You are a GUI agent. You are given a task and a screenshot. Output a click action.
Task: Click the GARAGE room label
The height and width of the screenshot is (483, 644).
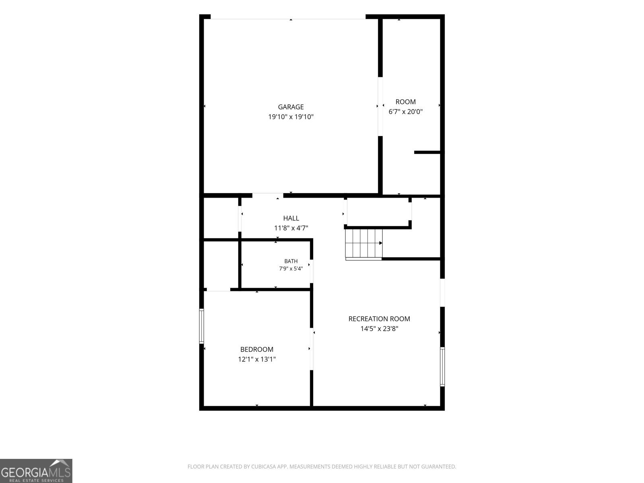click(x=291, y=107)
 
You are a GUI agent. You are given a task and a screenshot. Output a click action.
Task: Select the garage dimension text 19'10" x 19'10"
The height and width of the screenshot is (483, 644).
click(x=291, y=117)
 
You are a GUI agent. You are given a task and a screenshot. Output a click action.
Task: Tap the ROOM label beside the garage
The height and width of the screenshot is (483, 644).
click(x=405, y=102)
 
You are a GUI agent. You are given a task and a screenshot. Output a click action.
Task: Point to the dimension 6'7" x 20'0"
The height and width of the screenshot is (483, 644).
click(x=405, y=111)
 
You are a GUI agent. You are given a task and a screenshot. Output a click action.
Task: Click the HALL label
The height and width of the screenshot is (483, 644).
click(x=291, y=218)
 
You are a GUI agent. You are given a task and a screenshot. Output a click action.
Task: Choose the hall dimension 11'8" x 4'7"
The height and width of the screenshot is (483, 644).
click(x=291, y=228)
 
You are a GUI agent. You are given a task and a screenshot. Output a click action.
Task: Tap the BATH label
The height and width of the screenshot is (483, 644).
click(x=291, y=261)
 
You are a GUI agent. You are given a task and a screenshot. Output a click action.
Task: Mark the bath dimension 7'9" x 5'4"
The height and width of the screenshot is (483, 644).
click(x=291, y=268)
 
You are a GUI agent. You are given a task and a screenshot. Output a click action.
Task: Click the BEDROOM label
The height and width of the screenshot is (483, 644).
click(x=257, y=349)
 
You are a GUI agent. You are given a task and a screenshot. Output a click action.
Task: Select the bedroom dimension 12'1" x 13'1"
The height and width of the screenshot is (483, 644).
click(x=257, y=359)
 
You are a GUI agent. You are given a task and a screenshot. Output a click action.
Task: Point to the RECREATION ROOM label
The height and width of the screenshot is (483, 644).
click(x=379, y=319)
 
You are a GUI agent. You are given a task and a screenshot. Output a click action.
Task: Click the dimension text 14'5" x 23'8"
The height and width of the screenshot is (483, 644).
click(x=379, y=328)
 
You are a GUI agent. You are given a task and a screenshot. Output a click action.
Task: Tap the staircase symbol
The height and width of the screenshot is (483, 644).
click(x=364, y=244)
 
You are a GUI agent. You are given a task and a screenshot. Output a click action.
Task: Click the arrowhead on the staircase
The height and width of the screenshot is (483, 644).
click(x=380, y=243)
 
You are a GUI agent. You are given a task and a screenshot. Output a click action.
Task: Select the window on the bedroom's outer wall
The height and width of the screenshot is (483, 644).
click(x=202, y=326)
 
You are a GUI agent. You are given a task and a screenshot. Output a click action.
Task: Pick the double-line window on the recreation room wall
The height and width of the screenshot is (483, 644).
click(x=442, y=367)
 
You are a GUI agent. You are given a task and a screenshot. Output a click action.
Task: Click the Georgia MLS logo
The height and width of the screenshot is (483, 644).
click(x=36, y=471)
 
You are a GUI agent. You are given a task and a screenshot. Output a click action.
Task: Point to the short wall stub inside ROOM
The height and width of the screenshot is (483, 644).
click(x=427, y=152)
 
